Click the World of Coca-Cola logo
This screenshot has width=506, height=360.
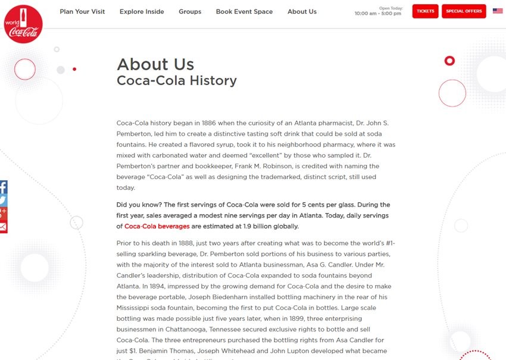coord(23,23)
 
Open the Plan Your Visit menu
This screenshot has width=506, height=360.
coord(82,11)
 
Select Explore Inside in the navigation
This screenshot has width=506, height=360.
coord(142,11)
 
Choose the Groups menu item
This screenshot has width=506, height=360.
coord(190,11)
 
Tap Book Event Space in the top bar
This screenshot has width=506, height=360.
coord(244,11)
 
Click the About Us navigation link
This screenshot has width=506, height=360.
coord(302,11)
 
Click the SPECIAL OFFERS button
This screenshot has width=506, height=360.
coord(464,11)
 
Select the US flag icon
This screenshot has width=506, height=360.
coord(498,11)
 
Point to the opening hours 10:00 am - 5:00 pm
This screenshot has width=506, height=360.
coord(377,14)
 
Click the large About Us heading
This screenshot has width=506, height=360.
coord(155,64)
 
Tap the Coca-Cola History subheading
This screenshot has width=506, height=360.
coord(177,80)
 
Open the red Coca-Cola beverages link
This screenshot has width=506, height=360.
coord(157,226)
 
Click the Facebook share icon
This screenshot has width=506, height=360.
coord(3,187)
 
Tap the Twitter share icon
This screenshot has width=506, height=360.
coord(3,201)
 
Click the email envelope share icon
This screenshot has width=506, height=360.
coord(3,227)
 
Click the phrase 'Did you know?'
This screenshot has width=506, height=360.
coord(136,205)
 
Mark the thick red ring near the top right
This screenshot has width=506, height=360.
coord(449,61)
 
